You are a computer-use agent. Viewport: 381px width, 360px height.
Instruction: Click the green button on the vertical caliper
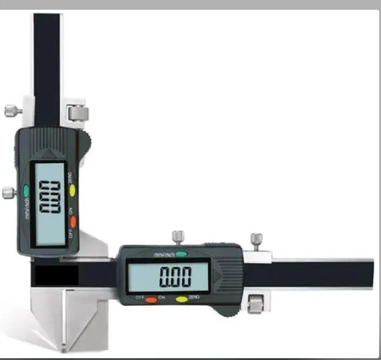click(x=26, y=190)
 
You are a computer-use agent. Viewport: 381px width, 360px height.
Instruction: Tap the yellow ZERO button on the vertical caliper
click(x=72, y=190)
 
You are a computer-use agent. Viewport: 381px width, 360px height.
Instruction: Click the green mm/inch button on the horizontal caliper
click(x=181, y=254)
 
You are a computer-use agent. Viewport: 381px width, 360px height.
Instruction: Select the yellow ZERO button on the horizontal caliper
click(x=181, y=299)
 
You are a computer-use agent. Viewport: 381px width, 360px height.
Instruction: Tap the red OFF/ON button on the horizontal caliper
click(x=151, y=299)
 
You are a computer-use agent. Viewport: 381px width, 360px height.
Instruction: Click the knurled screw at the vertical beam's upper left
click(x=12, y=111)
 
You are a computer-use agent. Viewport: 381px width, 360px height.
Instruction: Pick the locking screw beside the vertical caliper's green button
click(x=9, y=193)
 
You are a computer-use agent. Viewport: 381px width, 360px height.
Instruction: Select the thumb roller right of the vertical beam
click(x=78, y=112)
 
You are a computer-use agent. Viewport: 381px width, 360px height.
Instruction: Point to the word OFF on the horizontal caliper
click(x=139, y=298)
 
